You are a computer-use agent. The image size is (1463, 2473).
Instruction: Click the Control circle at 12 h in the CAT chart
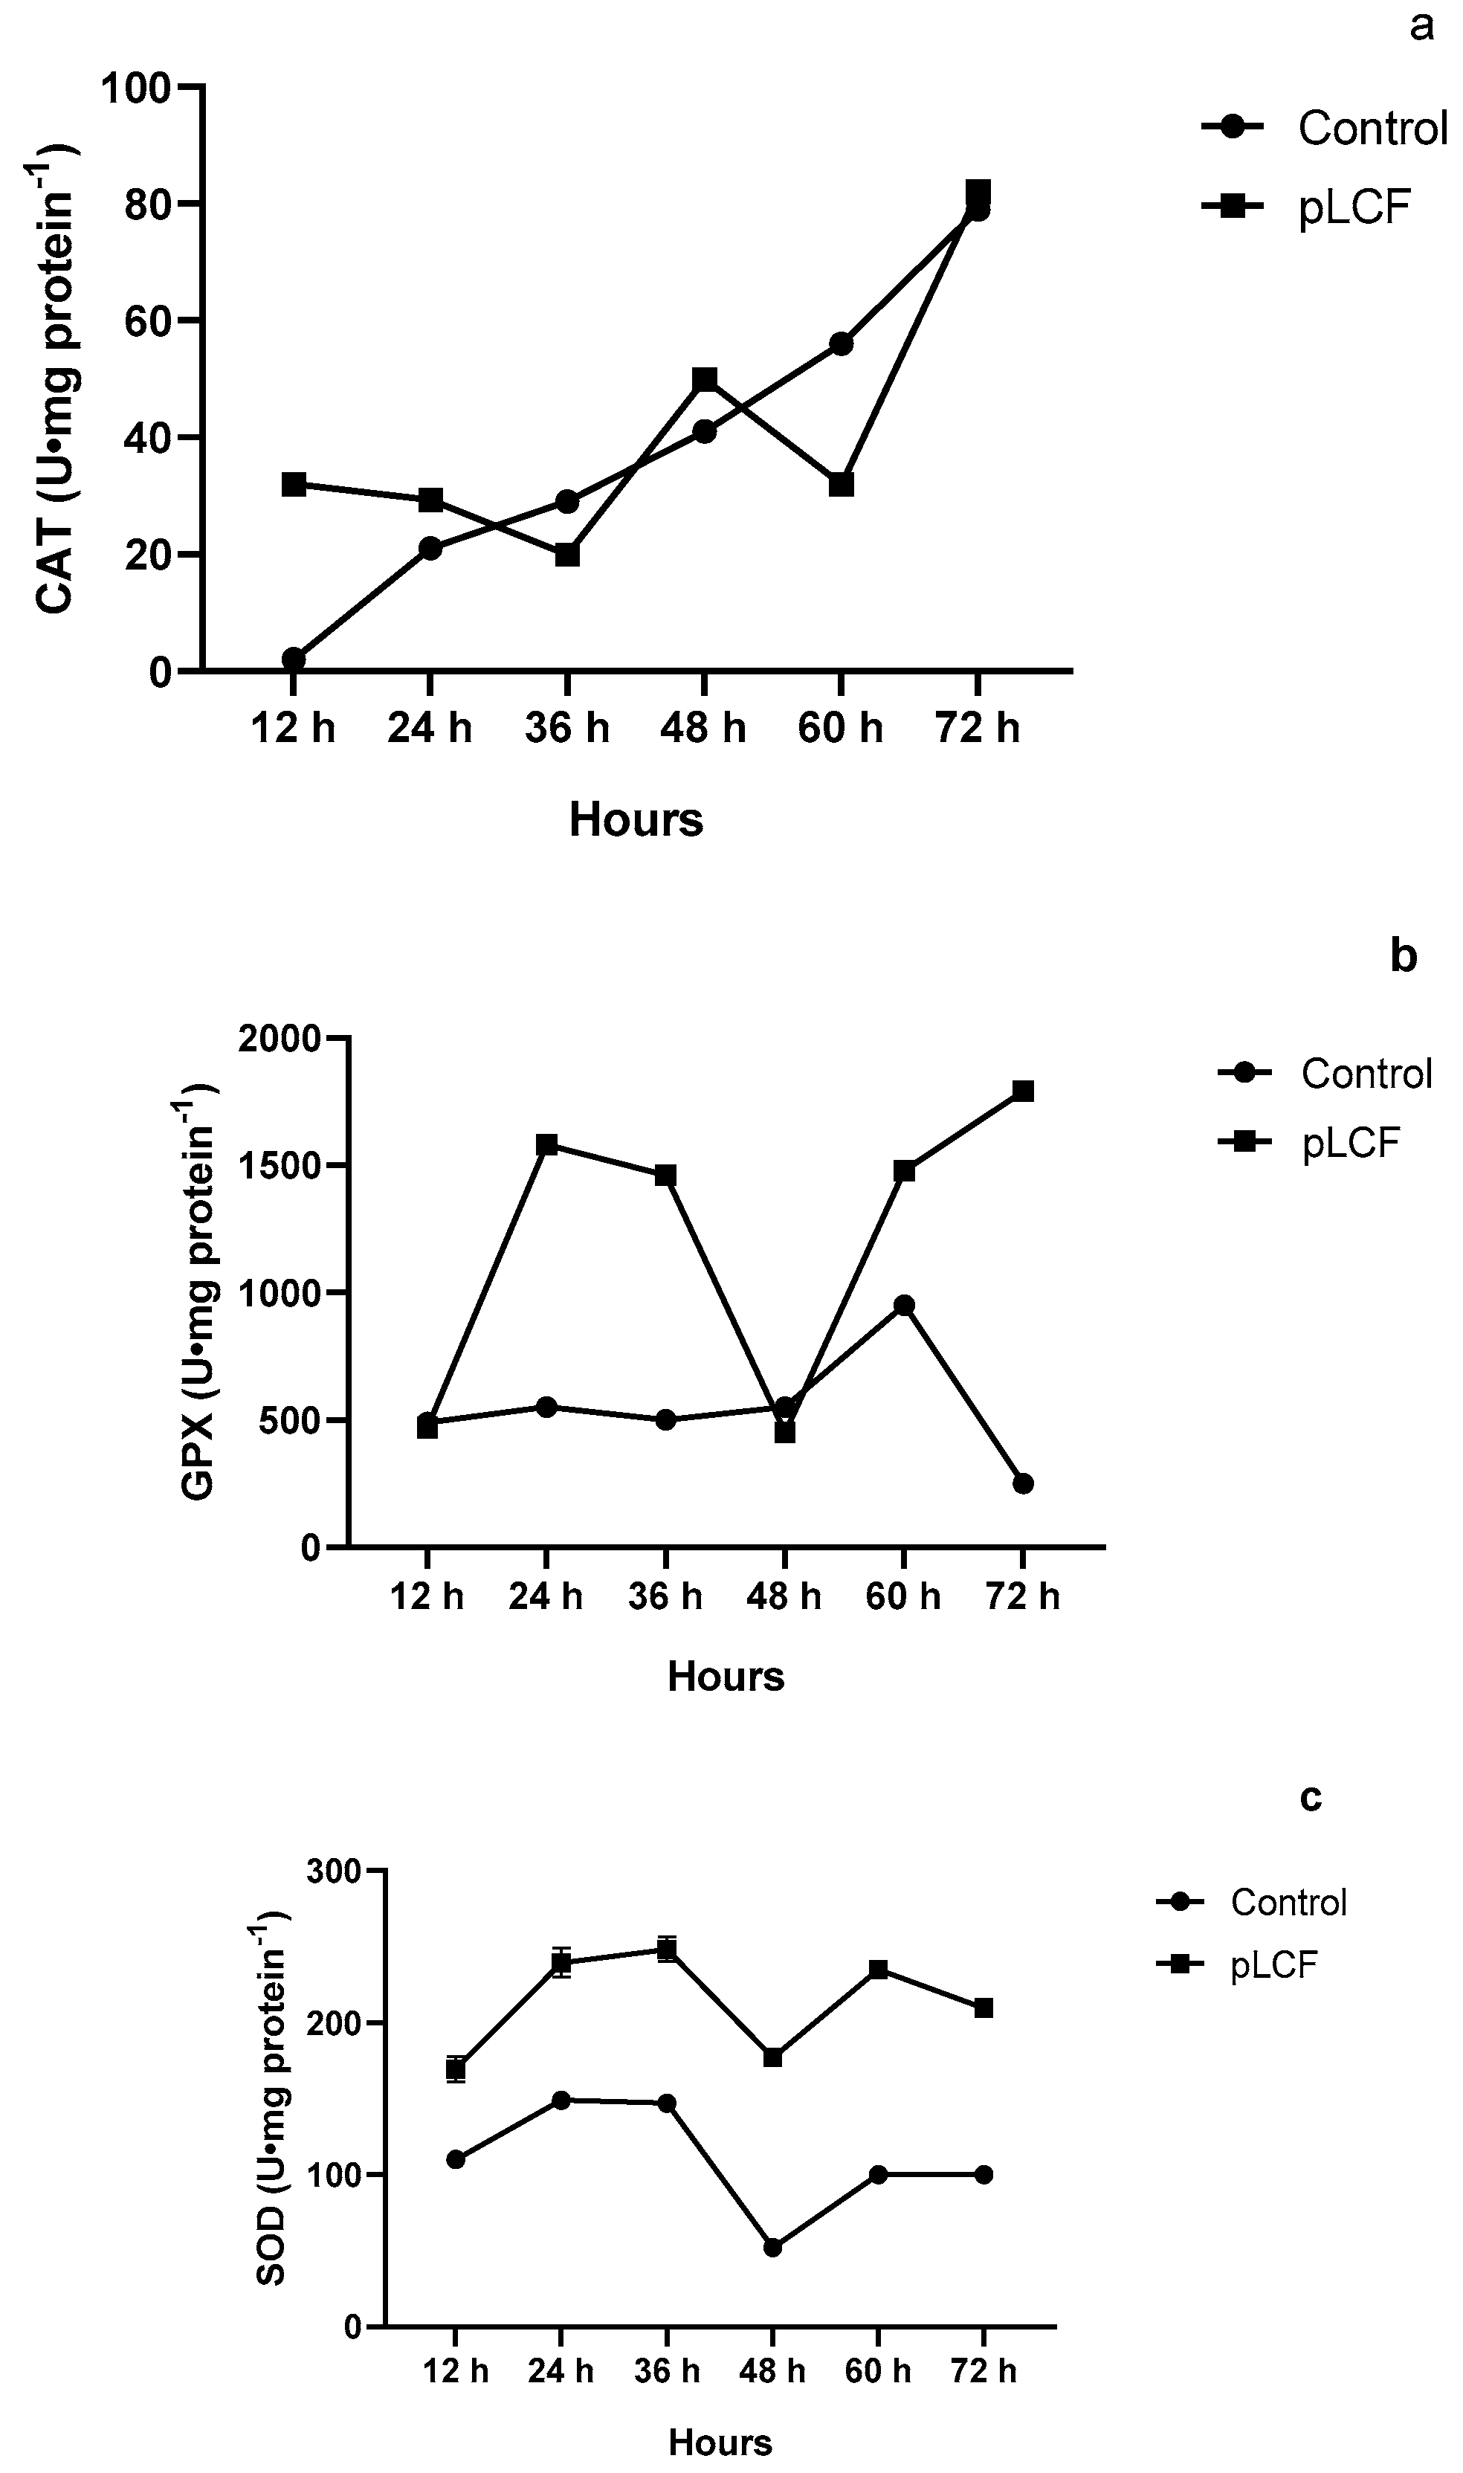coord(293,659)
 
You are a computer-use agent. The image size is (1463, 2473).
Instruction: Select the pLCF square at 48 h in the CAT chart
coord(704,380)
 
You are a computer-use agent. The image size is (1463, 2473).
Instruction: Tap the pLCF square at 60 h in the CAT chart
coord(841,484)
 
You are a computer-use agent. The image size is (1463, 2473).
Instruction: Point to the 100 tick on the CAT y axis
coord(149,88)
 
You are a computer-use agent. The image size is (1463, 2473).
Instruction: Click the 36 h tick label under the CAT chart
coord(567,729)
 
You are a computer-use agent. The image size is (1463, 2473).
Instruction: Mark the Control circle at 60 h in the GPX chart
coord(904,1305)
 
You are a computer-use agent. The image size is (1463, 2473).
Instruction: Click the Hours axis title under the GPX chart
coord(726,1676)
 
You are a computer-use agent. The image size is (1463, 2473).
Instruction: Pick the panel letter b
coord(1404,955)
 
